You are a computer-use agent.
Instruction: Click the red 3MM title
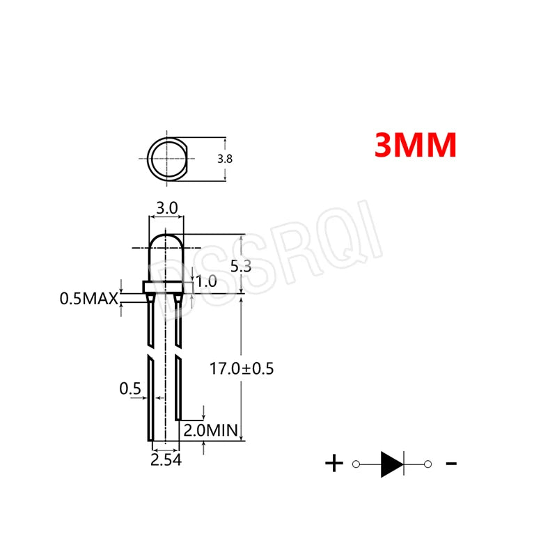coord(415,145)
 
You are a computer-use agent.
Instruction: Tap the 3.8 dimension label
coord(225,159)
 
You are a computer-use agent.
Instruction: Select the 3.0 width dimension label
coord(166,207)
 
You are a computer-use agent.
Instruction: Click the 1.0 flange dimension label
coord(207,281)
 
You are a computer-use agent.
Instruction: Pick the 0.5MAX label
coord(88,299)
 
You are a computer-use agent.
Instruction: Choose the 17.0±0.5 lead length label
coord(242,368)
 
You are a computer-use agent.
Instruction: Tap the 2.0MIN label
coord(210,430)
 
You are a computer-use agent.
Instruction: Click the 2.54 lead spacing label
coord(166,460)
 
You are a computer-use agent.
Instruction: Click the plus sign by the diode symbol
coord(334,463)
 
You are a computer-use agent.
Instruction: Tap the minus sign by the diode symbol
coord(450,463)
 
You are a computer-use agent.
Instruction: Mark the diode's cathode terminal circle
coord(427,464)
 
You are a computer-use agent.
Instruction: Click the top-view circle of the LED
coord(167,158)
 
